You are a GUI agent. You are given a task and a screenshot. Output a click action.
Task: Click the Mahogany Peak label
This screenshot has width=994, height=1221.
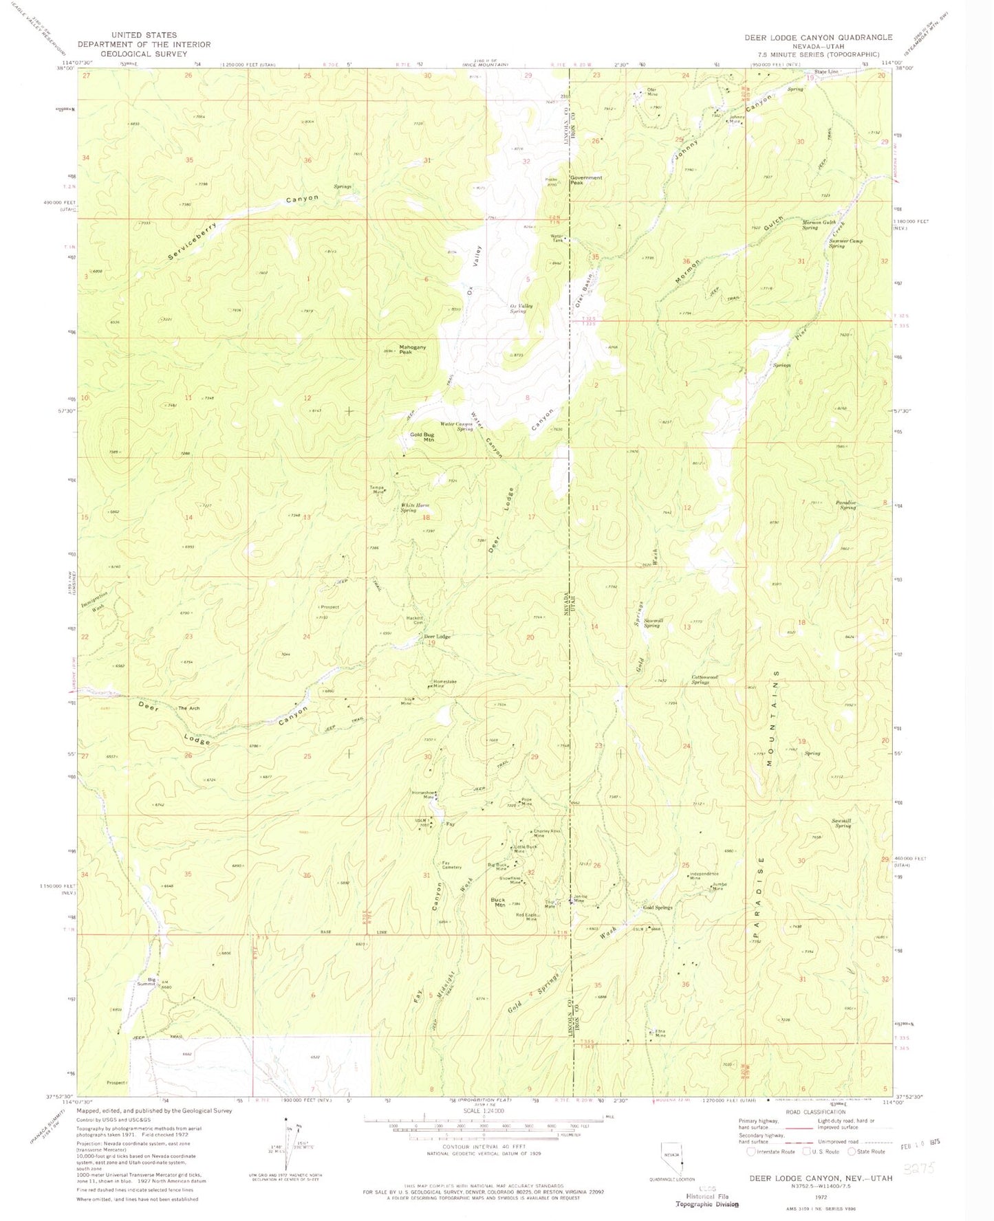tap(413, 350)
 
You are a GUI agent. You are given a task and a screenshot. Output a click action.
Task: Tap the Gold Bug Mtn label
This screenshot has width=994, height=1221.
tap(422, 437)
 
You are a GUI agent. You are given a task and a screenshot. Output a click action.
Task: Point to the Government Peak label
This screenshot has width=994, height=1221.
tap(586, 180)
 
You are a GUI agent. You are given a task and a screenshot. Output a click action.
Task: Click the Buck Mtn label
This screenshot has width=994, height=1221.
tap(497, 902)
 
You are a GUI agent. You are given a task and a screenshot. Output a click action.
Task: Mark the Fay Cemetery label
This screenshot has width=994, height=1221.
tap(451, 866)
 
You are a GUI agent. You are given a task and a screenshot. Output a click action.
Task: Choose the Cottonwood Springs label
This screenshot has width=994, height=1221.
tap(704, 679)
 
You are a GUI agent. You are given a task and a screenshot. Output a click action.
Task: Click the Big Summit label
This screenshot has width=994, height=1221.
tap(146, 981)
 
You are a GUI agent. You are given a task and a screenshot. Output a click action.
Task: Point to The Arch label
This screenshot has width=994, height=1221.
tap(187, 708)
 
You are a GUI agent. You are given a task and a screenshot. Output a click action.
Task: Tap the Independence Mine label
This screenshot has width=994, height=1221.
tap(704, 877)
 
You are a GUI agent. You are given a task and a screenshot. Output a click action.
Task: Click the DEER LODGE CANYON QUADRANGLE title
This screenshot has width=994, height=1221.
tap(819, 37)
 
